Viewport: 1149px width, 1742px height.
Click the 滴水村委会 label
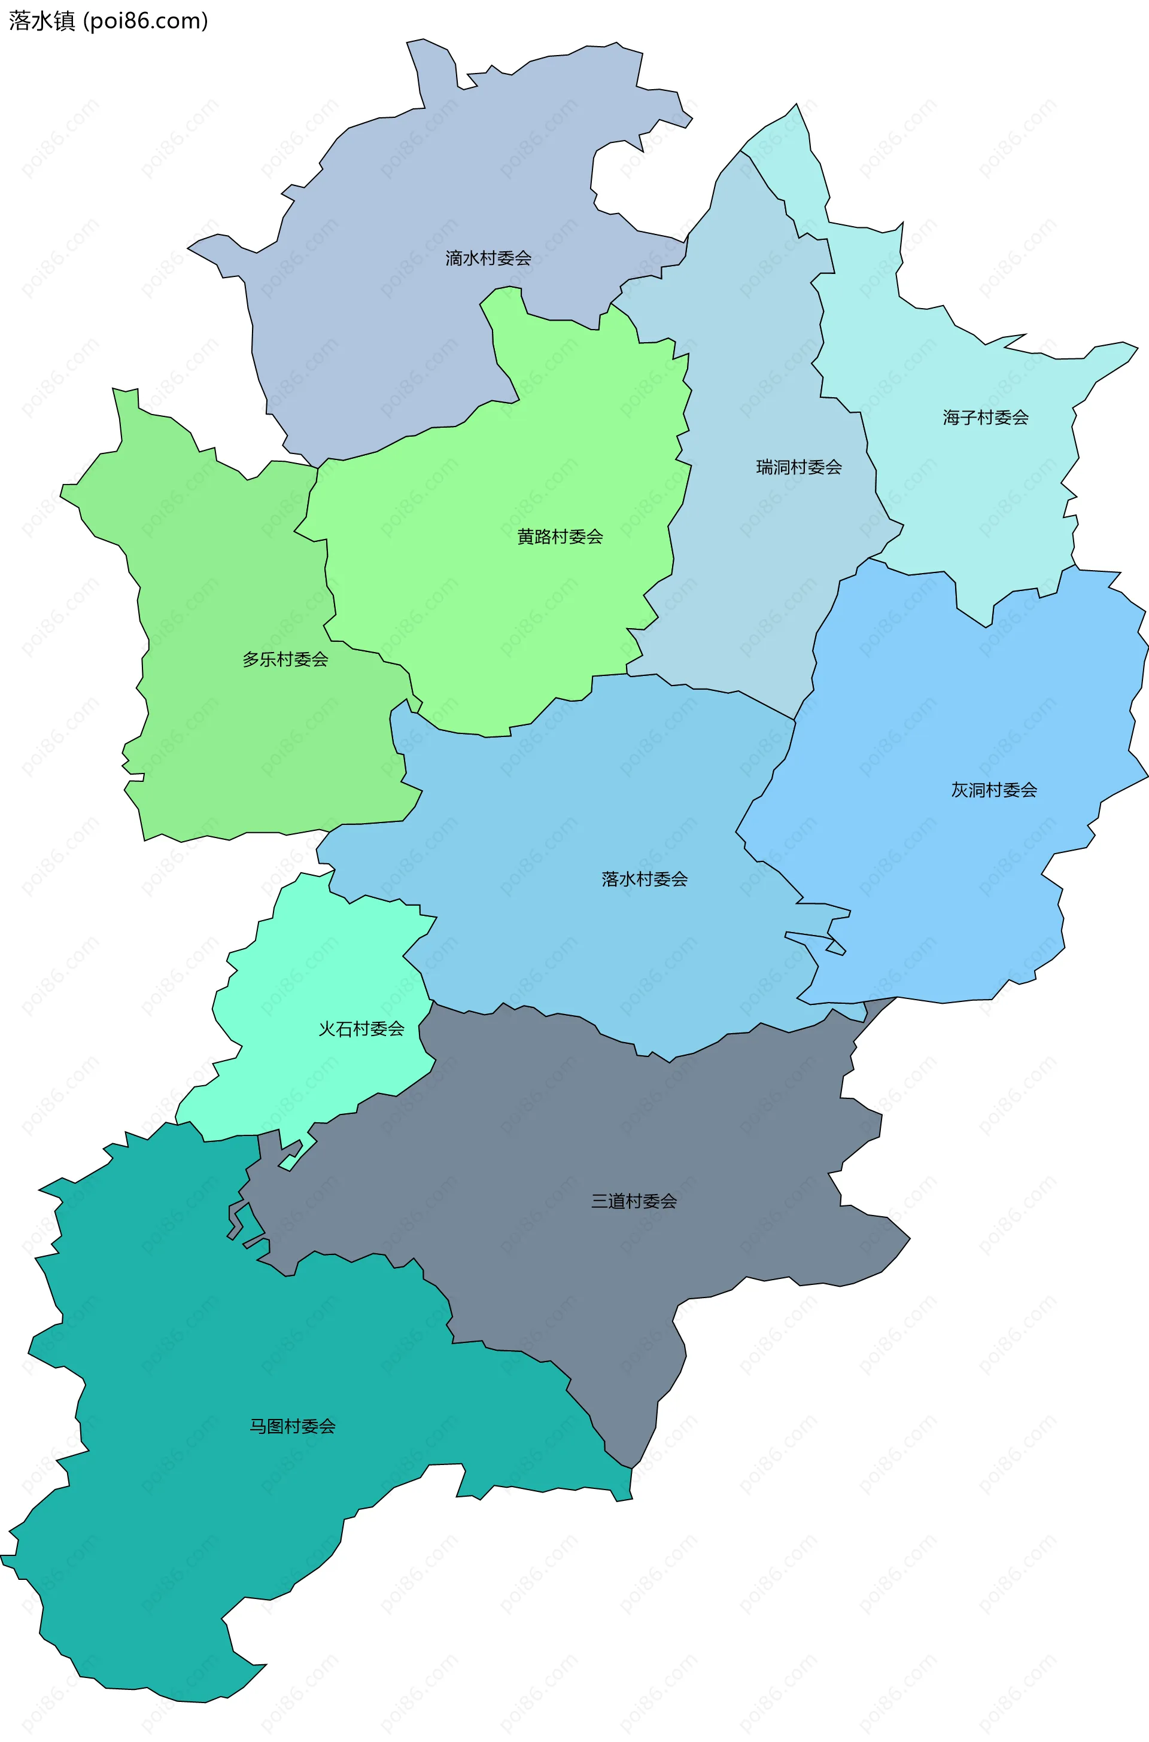click(x=488, y=258)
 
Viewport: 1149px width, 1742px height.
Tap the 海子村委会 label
click(x=986, y=418)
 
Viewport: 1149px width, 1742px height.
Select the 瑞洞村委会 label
click(x=799, y=467)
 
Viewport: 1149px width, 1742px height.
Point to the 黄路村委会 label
click(x=560, y=537)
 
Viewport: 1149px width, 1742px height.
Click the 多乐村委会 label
click(x=285, y=659)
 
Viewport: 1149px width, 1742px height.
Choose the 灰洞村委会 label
click(x=993, y=790)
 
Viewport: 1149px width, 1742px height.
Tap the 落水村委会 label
click(x=644, y=879)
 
